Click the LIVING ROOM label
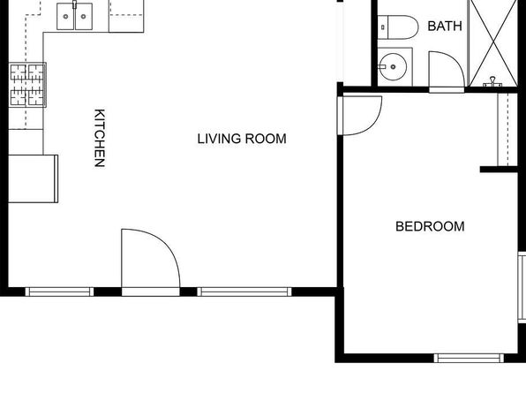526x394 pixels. click(242, 139)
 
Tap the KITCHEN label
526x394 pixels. click(100, 138)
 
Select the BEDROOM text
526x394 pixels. click(430, 226)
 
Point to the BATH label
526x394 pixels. click(445, 26)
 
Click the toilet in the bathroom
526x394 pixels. click(398, 27)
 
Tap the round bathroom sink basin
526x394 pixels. click(393, 66)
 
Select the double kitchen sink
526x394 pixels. click(74, 16)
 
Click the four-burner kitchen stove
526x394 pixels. click(27, 85)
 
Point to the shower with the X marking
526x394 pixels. click(493, 43)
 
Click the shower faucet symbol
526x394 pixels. click(492, 82)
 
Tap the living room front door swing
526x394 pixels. click(151, 259)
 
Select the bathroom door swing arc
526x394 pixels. click(447, 69)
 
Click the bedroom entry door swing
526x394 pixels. click(362, 116)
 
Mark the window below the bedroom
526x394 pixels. click(469, 358)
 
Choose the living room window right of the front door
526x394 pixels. click(244, 292)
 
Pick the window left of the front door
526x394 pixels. click(59, 292)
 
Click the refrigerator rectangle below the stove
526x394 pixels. click(33, 178)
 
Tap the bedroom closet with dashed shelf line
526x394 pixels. click(507, 130)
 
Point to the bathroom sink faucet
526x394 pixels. click(382, 66)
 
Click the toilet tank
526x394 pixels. click(383, 27)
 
